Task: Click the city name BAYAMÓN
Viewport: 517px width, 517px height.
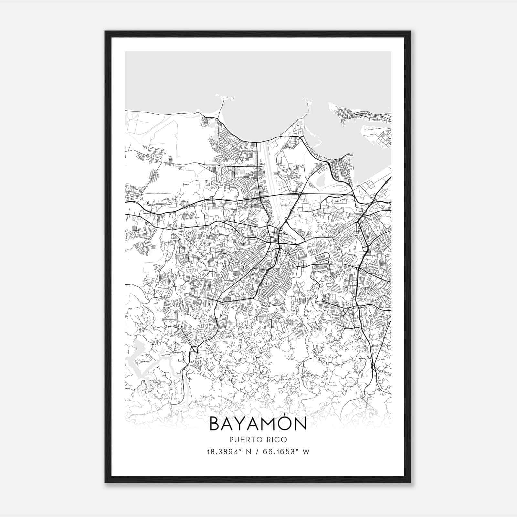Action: [258, 424]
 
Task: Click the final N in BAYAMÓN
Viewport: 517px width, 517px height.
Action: [300, 424]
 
